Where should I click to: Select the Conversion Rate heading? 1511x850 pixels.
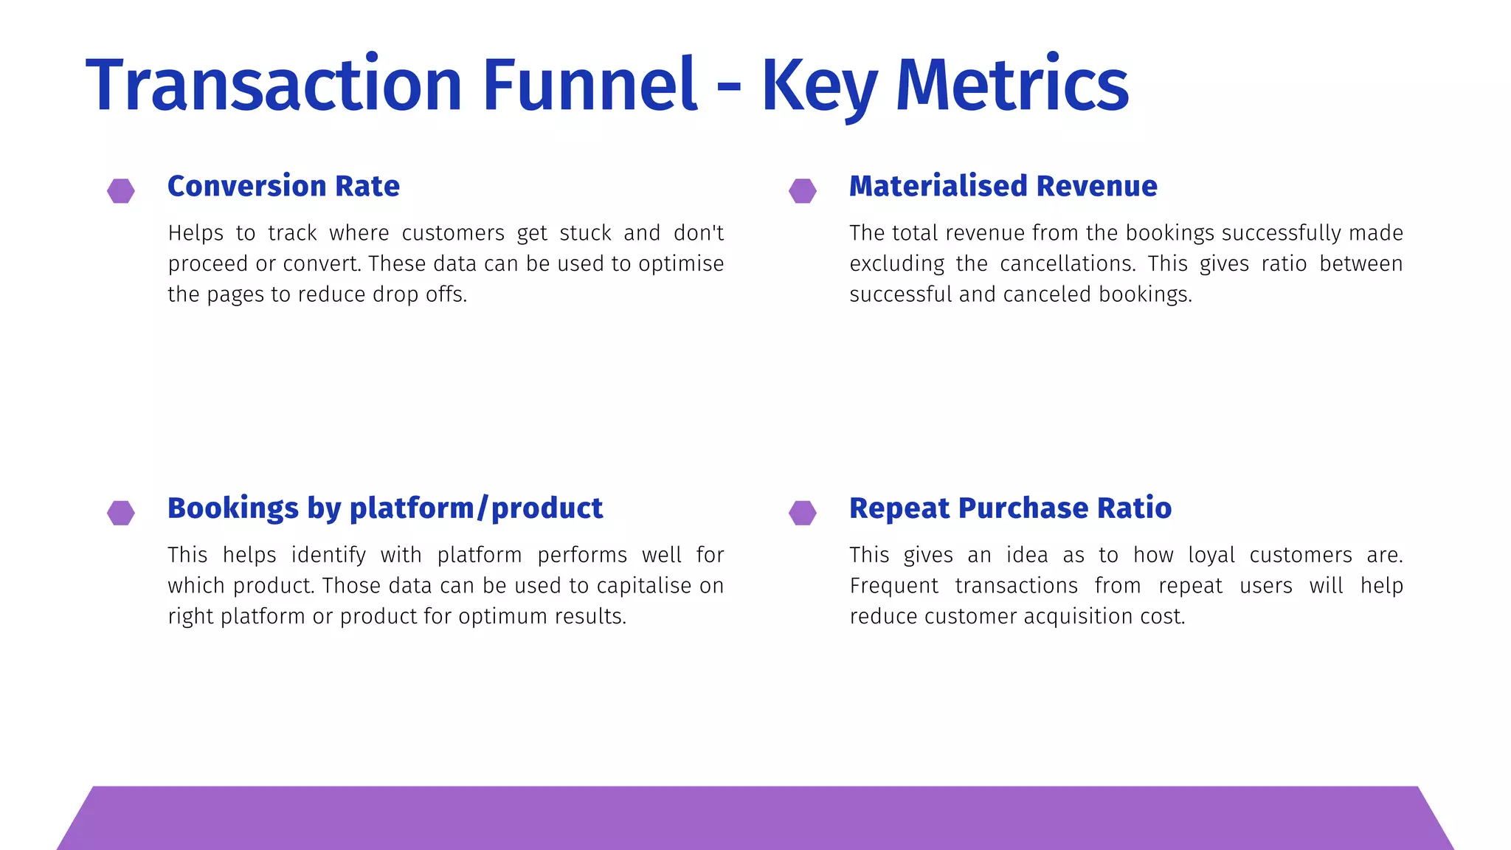[x=283, y=186]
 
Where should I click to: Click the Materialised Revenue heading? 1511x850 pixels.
[x=1003, y=186]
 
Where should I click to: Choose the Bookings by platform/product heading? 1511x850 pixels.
[x=384, y=508]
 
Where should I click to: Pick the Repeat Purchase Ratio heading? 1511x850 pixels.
[x=1010, y=508]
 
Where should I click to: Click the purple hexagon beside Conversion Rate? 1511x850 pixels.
[x=121, y=190]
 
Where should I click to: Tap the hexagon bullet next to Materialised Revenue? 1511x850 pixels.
[x=802, y=190]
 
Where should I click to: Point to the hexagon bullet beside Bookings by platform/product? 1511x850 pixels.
[x=121, y=513]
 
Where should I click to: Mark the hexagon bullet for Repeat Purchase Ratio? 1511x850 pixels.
[x=802, y=513]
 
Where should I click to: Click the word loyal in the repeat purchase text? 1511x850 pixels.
[x=1211, y=555]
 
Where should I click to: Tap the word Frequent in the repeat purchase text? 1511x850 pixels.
[x=893, y=586]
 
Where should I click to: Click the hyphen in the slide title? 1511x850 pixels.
[x=728, y=87]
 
